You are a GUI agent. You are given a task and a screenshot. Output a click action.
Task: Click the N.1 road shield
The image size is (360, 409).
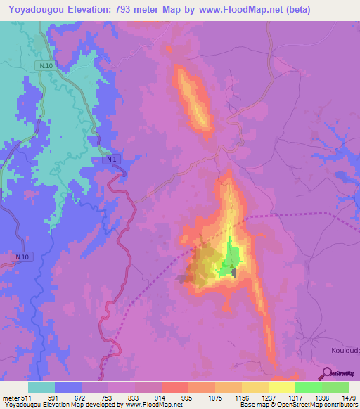(112, 160)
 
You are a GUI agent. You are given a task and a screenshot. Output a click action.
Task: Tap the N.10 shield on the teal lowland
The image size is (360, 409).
(46, 65)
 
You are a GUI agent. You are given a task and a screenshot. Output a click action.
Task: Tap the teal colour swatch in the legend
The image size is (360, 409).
(41, 387)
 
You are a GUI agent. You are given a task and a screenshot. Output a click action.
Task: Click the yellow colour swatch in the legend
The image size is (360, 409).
(281, 387)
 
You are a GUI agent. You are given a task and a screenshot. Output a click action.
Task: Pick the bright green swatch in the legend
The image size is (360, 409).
(308, 387)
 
